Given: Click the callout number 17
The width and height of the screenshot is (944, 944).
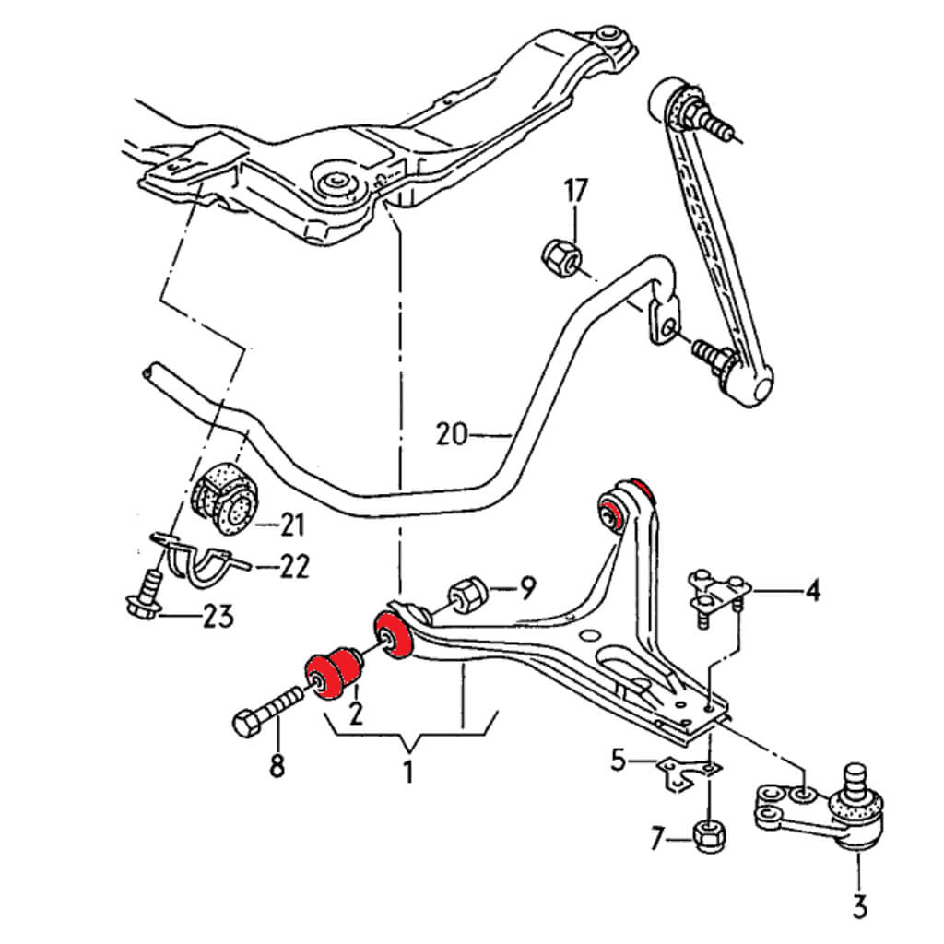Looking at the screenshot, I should click(575, 192).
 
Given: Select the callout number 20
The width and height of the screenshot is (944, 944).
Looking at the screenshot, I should click(453, 432).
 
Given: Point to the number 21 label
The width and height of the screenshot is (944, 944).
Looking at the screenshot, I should click(292, 526).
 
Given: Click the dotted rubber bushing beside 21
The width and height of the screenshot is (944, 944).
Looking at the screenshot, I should click(227, 496).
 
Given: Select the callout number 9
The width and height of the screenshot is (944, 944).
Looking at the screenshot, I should click(527, 587).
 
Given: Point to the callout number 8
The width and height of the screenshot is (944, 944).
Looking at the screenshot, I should click(277, 765).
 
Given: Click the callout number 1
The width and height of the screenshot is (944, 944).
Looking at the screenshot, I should click(407, 770).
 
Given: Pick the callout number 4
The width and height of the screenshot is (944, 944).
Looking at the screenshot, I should click(811, 589).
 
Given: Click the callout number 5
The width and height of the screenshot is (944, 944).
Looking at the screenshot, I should click(618, 761).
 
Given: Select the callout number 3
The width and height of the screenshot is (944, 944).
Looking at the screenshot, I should click(859, 907).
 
